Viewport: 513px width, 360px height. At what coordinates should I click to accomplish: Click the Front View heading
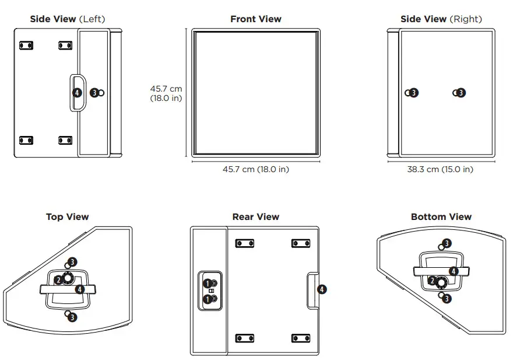255,19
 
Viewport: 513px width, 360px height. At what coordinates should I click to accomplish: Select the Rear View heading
255,217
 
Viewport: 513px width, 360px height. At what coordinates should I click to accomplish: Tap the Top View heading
68,217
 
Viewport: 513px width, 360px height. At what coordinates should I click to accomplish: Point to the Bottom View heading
441,217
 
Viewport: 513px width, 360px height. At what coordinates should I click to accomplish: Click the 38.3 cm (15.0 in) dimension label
440,170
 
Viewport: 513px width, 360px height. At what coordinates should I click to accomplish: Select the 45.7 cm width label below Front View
255,170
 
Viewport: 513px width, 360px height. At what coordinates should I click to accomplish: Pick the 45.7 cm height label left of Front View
166,93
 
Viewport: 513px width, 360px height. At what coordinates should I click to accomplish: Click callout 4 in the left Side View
77,92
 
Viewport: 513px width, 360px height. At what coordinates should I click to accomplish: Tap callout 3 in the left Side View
94,92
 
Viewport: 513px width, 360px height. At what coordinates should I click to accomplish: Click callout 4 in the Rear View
322,289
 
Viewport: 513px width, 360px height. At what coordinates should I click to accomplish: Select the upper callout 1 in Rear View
206,283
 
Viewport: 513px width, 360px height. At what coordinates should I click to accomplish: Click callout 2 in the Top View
58,280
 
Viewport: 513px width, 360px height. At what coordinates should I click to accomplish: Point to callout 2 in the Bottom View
432,281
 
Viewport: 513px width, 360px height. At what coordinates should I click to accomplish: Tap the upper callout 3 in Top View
72,262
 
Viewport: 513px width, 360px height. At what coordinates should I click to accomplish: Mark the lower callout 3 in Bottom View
447,298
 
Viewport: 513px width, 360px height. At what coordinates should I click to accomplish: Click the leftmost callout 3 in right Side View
413,92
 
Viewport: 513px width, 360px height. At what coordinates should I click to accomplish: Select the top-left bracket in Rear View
244,243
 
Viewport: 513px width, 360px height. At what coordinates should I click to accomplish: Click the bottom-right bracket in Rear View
300,338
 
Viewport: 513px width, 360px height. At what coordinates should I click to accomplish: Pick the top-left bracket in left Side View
26,45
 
